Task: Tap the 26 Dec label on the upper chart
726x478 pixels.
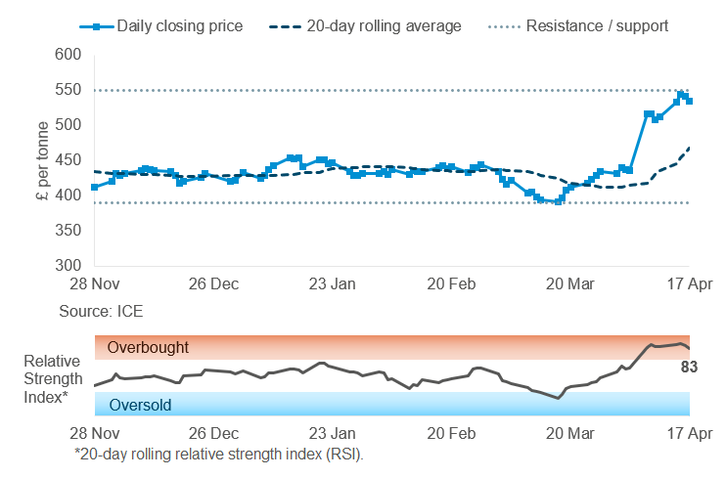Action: pyautogui.click(x=212, y=284)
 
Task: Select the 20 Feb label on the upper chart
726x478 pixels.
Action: pyautogui.click(x=452, y=284)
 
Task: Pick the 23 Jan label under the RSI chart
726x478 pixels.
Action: pyautogui.click(x=332, y=432)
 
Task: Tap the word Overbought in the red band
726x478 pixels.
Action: pyautogui.click(x=148, y=347)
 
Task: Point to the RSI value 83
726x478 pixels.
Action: pyautogui.click(x=689, y=368)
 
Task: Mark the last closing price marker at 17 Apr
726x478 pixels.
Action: pyautogui.click(x=690, y=101)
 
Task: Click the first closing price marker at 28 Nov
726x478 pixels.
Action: pyautogui.click(x=94, y=187)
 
